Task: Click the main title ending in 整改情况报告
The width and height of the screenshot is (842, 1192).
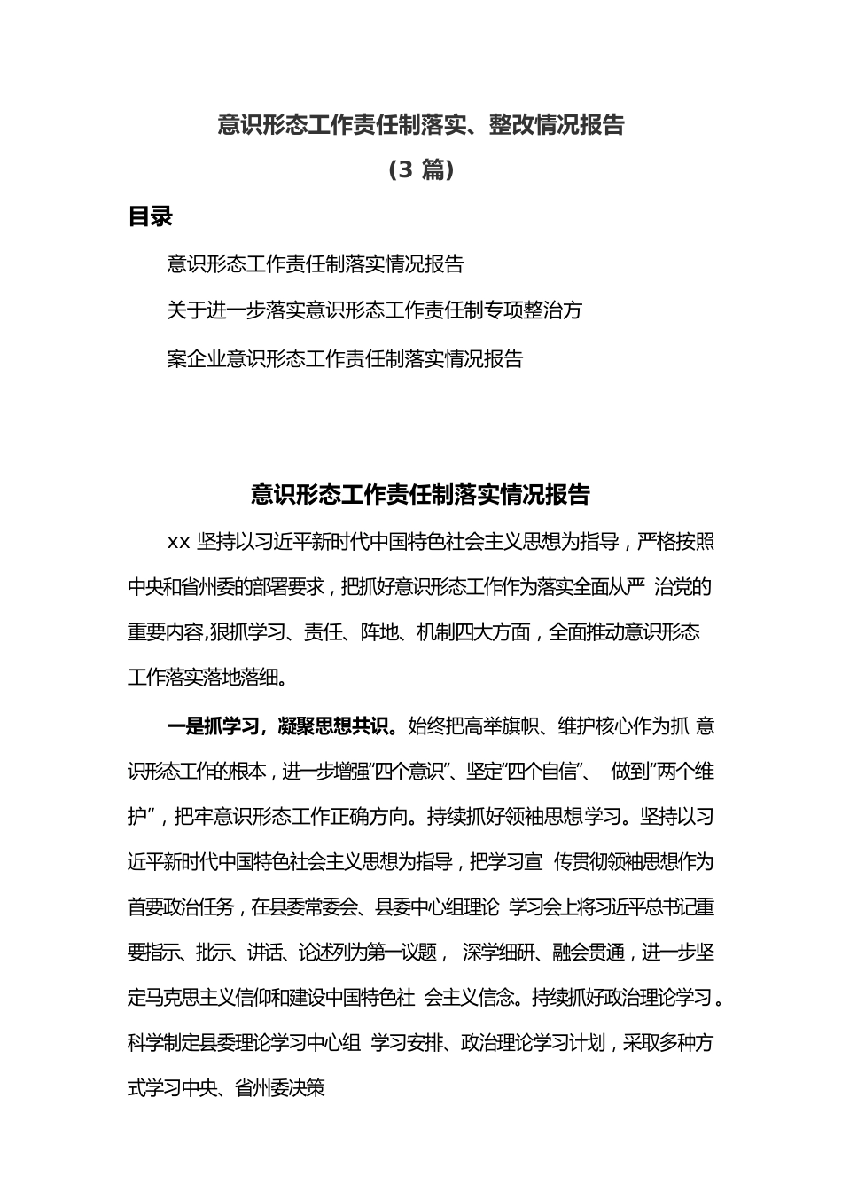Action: coord(421,125)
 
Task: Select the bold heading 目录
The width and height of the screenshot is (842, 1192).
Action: coord(150,216)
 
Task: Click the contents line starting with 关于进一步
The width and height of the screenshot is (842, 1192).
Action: coord(374,310)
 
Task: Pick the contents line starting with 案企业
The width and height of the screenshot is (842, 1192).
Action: coord(345,358)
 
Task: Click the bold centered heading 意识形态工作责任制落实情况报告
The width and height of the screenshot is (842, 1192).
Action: coord(421,494)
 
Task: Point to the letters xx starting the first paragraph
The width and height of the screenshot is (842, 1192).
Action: coord(178,542)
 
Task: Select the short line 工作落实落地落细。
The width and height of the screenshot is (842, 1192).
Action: coord(207,679)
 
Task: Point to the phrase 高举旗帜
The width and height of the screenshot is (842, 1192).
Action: coord(503,726)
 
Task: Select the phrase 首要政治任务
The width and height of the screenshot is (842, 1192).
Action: coord(181,906)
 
